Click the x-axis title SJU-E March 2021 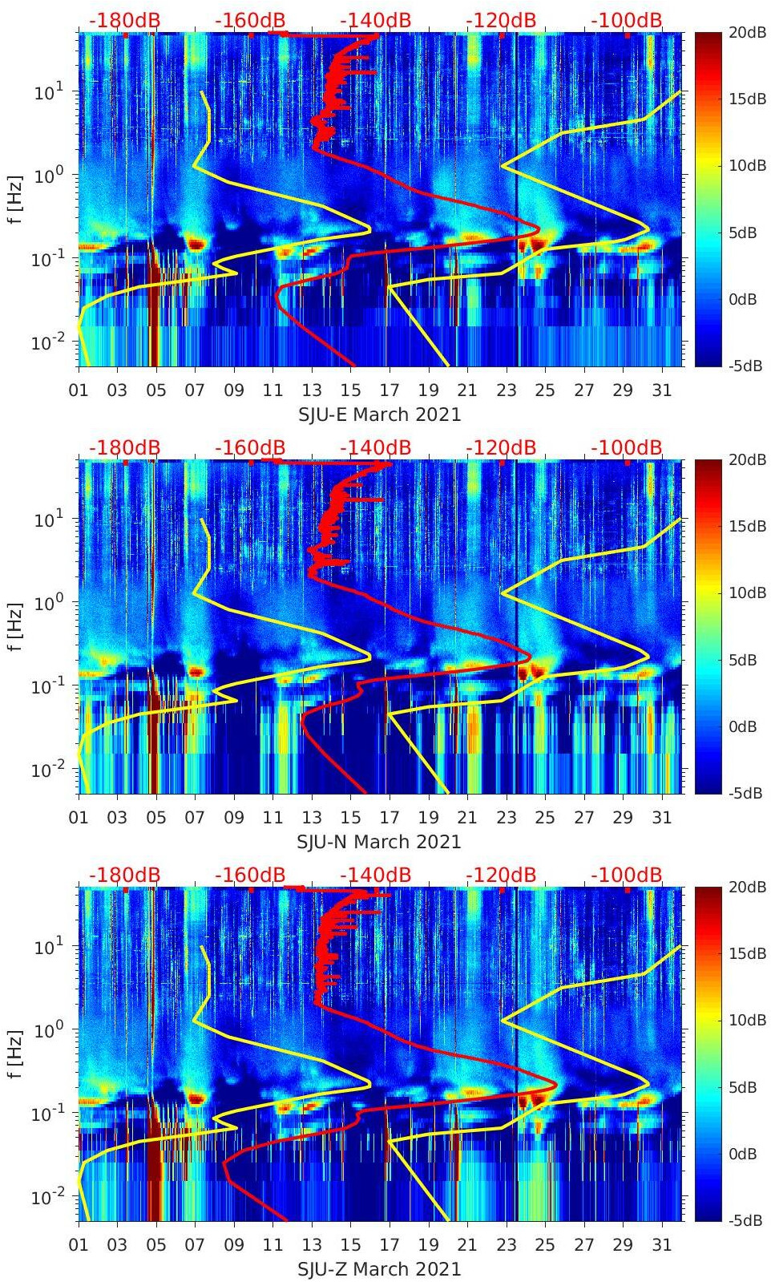click(380, 415)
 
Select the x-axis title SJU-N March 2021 click(379, 842)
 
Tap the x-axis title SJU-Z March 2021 click(379, 1269)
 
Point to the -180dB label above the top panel click(124, 20)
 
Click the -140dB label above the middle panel click(375, 447)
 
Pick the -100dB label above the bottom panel click(627, 875)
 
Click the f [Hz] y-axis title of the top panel click(15, 199)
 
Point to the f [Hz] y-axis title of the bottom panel click(15, 1054)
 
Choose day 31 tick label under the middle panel click(661, 818)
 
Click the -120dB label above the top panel click(501, 20)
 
